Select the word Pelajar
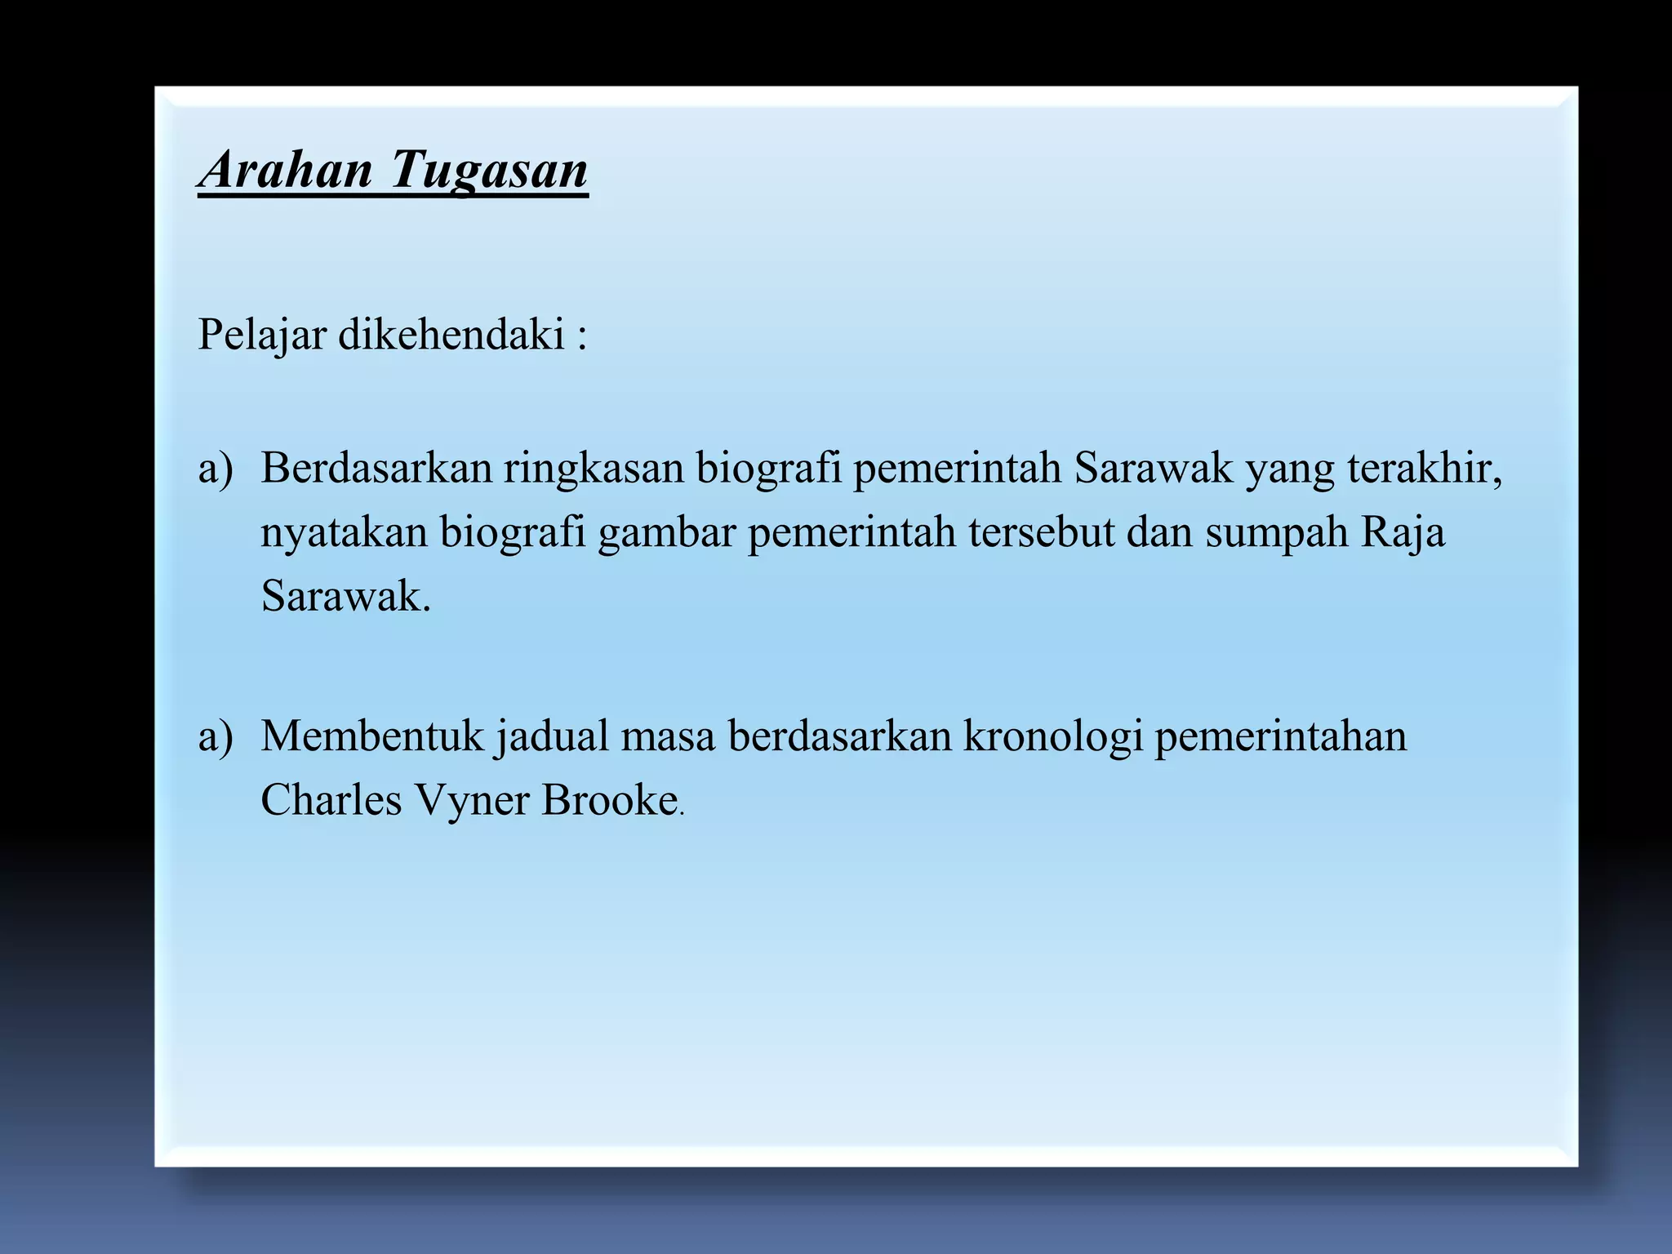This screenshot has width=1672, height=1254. tap(262, 335)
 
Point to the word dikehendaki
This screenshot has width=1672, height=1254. tap(451, 335)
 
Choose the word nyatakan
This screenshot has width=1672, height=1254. tap(344, 532)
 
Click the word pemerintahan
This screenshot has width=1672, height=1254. tap(1280, 737)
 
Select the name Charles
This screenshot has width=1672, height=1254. tap(331, 800)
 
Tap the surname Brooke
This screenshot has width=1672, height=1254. tap(609, 800)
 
